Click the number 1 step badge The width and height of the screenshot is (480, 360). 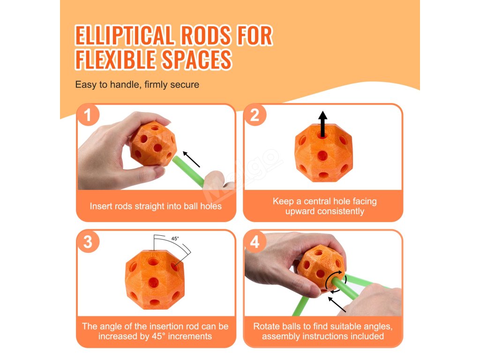[88, 115]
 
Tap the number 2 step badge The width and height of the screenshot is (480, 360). [255, 115]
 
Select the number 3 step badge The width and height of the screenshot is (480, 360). [88, 242]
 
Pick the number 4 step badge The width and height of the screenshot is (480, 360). [255, 242]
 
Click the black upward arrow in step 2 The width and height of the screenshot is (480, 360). [322, 124]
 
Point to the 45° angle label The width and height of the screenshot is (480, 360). [175, 239]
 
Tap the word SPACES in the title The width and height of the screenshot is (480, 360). [197, 59]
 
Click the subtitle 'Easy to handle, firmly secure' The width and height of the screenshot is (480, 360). [137, 84]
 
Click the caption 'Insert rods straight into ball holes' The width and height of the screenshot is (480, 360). [156, 206]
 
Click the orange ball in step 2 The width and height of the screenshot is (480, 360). [323, 153]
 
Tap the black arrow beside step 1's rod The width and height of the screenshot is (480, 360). [191, 159]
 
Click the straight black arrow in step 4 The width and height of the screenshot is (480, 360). [337, 304]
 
